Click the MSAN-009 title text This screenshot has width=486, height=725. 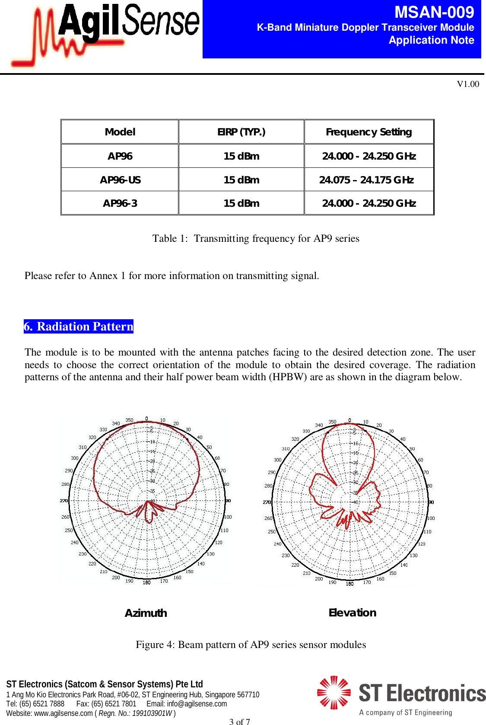point(434,12)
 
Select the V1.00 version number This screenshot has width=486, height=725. point(468,84)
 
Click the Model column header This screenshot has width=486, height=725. point(120,132)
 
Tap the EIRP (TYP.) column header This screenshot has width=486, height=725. point(241,132)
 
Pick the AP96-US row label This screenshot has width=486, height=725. point(120,180)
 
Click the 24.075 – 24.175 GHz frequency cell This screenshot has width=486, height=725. point(366,180)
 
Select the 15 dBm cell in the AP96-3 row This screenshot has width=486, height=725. point(241,203)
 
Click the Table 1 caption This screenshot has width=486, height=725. point(255,238)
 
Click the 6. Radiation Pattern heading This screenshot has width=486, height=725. point(79,326)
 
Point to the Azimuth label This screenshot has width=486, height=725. point(146,613)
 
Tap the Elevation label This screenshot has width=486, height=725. point(352,613)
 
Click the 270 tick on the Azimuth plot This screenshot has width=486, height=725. point(64,500)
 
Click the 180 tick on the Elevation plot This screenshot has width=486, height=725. point(349,584)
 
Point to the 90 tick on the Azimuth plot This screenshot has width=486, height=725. point(228,500)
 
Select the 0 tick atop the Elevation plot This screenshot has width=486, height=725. point(349,420)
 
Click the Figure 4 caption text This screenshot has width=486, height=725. point(251,645)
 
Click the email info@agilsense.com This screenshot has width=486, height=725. point(197,704)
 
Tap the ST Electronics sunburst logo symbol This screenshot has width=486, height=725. point(334,693)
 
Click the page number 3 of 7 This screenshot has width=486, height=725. point(239,721)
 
